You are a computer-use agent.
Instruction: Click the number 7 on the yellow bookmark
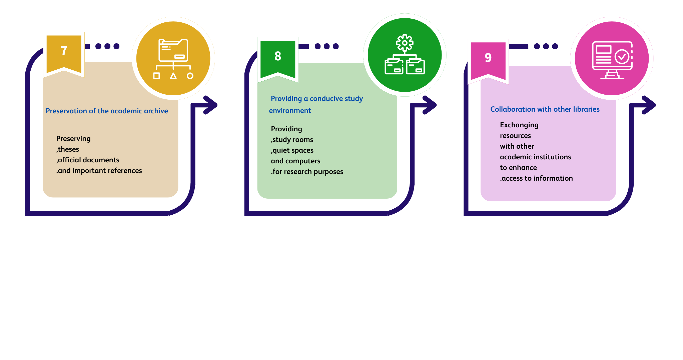(64, 51)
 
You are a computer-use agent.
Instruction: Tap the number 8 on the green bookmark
(278, 56)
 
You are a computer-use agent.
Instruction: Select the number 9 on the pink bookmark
(488, 58)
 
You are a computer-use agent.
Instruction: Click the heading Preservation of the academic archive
(107, 111)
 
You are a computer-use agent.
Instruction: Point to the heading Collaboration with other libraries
(545, 109)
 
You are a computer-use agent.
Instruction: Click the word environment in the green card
(290, 111)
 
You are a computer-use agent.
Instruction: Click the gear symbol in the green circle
(405, 43)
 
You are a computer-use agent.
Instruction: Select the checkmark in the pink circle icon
(622, 57)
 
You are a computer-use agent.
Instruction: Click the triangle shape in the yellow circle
(173, 76)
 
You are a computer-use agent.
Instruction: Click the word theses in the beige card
(68, 149)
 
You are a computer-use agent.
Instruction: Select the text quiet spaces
(293, 150)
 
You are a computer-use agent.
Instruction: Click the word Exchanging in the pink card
(519, 125)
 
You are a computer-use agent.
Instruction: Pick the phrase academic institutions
(535, 157)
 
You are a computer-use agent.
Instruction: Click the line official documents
(88, 160)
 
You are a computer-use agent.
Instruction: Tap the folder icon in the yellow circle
(173, 51)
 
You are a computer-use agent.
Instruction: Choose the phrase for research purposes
(307, 172)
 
